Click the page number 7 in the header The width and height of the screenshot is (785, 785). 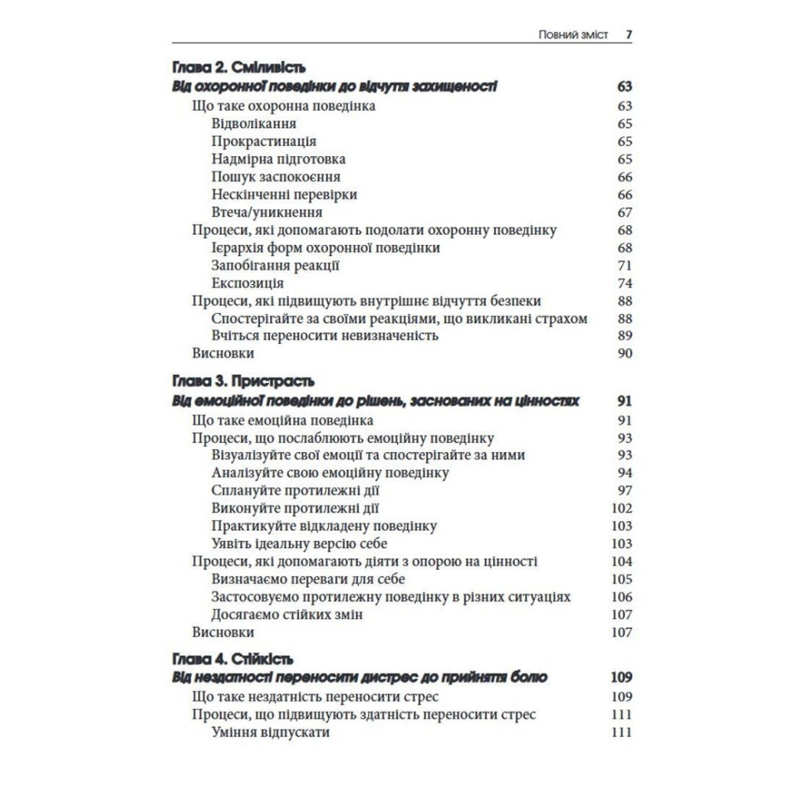(x=628, y=35)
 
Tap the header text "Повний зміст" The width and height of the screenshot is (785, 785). (x=573, y=35)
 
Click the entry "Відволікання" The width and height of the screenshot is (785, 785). (x=254, y=123)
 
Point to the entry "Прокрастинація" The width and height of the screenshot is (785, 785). (x=264, y=141)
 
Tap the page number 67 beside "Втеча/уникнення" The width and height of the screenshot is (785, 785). (x=625, y=212)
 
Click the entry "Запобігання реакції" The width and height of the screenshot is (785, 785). (x=276, y=265)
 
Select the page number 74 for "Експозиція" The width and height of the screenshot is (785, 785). (x=625, y=283)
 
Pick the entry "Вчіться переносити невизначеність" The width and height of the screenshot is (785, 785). (x=324, y=336)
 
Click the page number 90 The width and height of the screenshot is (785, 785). (x=625, y=353)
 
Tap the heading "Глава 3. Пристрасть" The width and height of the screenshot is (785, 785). (x=242, y=382)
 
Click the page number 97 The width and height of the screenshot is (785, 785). (x=625, y=491)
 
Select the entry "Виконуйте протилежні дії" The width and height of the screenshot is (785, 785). (x=296, y=508)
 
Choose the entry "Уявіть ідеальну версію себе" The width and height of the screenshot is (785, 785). (x=299, y=543)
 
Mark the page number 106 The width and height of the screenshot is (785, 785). (x=622, y=597)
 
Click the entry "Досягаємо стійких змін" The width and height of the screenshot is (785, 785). (x=287, y=615)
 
